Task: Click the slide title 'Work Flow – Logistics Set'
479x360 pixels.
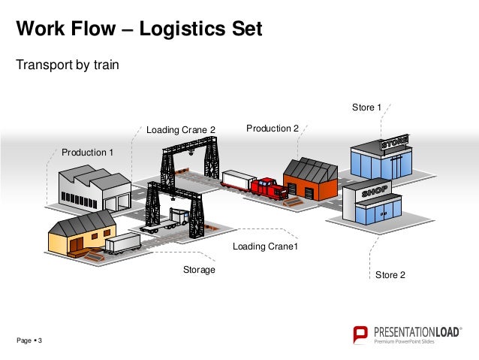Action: [140, 29]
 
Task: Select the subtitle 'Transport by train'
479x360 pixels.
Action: [68, 65]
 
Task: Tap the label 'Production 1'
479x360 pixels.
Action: [87, 153]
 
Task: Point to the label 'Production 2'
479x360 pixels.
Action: [273, 129]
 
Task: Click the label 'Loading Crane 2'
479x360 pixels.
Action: [180, 130]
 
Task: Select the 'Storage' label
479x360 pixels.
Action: [199, 269]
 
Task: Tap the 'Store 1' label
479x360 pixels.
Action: [367, 107]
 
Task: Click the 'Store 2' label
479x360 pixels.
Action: [390, 275]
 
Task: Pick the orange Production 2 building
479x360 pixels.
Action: [309, 180]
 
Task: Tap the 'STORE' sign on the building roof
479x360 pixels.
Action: [394, 142]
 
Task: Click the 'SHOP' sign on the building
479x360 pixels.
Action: [375, 192]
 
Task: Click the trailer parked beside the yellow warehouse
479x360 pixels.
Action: [122, 243]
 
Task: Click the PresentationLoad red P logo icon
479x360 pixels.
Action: [361, 334]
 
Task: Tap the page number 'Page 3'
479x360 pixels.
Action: [29, 342]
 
